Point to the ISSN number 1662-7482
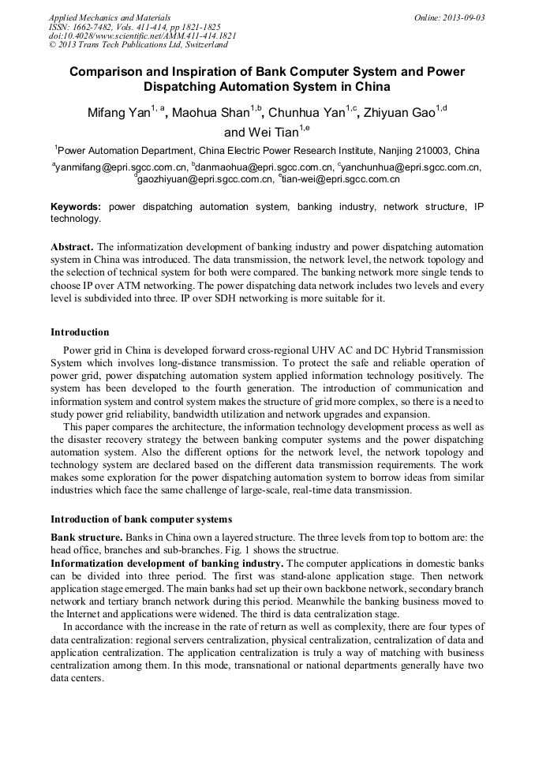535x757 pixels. (x=94, y=26)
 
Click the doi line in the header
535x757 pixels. (x=142, y=36)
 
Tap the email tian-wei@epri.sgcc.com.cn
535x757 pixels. (x=341, y=179)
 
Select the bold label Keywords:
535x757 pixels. (x=76, y=207)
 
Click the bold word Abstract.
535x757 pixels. (x=73, y=245)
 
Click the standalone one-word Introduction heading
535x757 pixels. (x=80, y=332)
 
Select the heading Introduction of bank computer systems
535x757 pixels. (x=141, y=519)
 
